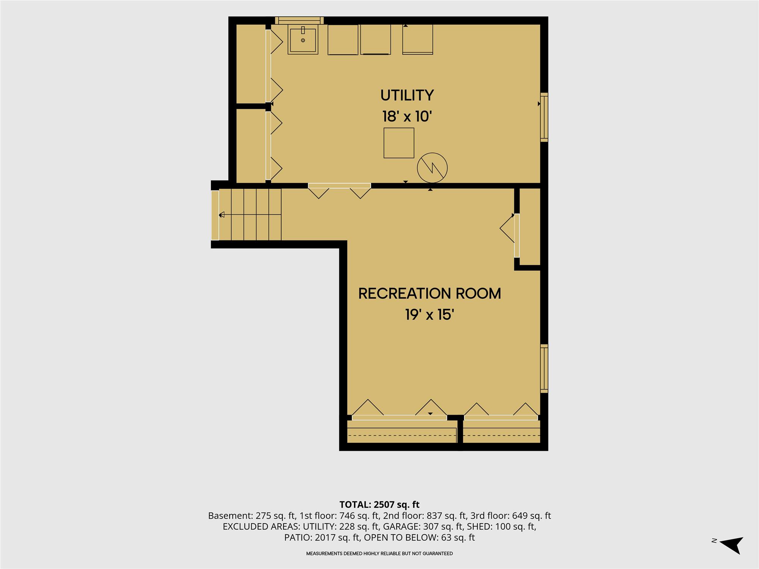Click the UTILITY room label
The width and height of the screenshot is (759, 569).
[407, 95]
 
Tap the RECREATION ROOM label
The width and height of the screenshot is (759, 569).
[430, 294]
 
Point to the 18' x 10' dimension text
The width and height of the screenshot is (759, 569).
[407, 116]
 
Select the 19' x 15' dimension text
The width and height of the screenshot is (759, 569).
[430, 314]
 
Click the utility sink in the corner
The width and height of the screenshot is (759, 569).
[302, 40]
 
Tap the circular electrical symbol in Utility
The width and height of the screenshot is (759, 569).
[432, 168]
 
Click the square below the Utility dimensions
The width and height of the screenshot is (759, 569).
[398, 143]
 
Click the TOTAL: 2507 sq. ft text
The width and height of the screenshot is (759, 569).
[379, 505]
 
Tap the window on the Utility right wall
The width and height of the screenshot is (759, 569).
[544, 117]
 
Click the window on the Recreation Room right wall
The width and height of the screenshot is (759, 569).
[544, 369]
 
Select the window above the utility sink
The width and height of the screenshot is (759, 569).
[299, 20]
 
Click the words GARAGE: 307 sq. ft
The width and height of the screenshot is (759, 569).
[423, 527]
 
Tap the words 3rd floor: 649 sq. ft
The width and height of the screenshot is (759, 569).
[510, 516]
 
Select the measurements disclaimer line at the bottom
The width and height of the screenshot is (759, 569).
[379, 553]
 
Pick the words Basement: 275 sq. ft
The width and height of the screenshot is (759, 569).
[252, 516]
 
